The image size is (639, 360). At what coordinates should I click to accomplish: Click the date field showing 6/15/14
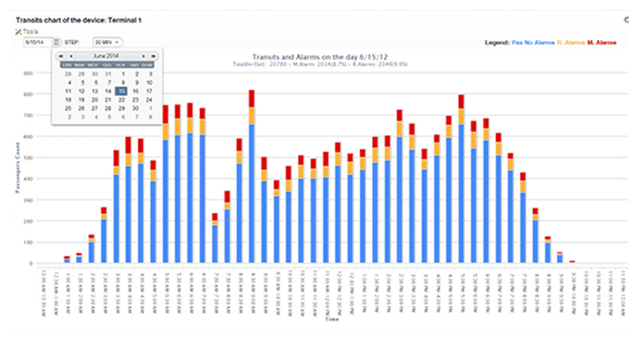click(37, 42)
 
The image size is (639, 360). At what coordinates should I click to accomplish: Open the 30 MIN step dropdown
click(107, 42)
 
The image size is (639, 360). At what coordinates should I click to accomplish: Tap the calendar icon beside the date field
click(56, 42)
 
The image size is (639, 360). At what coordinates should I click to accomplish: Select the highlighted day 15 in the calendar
click(122, 91)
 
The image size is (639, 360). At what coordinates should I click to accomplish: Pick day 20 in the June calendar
click(94, 100)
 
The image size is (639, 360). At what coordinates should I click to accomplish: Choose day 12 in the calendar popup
click(81, 91)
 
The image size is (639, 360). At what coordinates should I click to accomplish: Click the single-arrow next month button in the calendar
click(144, 56)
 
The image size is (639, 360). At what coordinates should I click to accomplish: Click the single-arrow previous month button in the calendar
click(70, 56)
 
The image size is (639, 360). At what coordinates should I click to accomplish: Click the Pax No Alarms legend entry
click(532, 42)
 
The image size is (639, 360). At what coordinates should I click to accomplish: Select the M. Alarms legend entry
click(601, 42)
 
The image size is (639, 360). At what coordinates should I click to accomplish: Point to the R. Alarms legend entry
click(570, 42)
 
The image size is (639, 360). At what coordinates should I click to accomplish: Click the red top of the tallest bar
click(252, 98)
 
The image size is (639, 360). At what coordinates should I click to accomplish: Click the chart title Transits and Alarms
click(320, 56)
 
